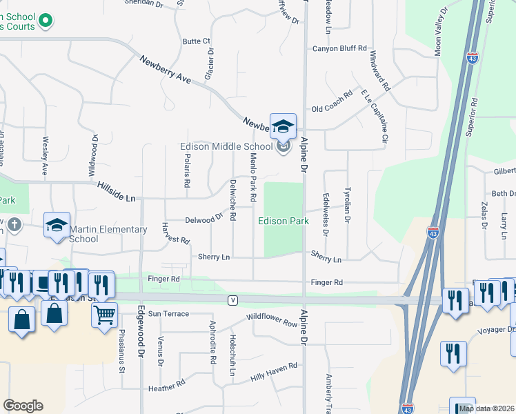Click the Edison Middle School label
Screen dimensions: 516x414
(226, 146)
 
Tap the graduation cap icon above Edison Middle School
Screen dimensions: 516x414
(283, 126)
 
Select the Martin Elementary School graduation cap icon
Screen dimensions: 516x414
(57, 225)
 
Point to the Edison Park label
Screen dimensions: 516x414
(283, 221)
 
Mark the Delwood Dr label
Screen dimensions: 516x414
(204, 219)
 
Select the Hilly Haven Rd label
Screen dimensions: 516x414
(273, 371)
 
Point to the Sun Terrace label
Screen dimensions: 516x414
(168, 314)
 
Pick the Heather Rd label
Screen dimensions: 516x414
(167, 387)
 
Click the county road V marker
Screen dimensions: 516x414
(233, 299)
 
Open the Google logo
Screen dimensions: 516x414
(23, 405)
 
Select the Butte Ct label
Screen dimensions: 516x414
(196, 41)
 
